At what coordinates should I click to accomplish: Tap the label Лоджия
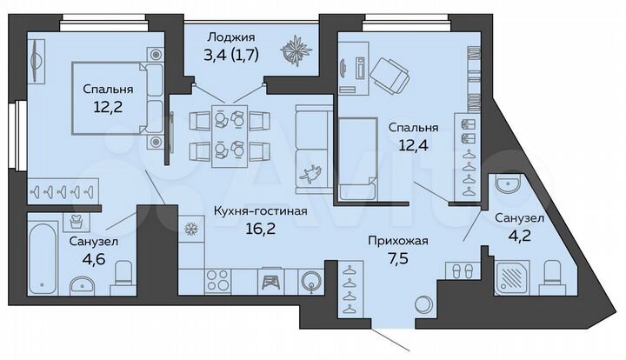(x=231, y=37)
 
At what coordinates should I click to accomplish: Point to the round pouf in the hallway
(x=423, y=305)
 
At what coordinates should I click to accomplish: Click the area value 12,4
(x=414, y=147)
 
